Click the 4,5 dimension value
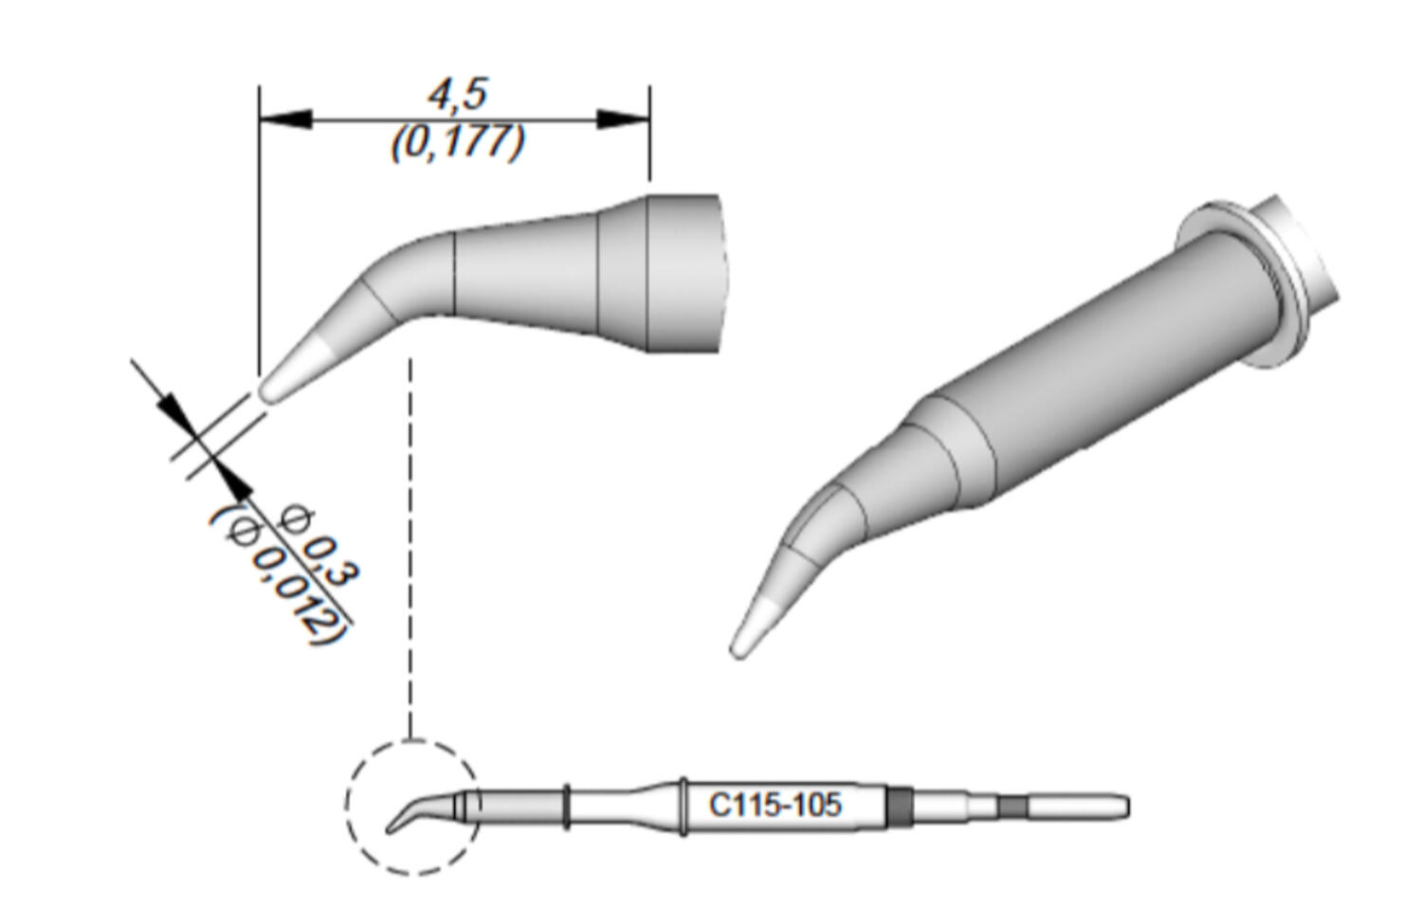[x=457, y=95]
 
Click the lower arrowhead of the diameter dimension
[x=234, y=482]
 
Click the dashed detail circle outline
[x=348, y=806]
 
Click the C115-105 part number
[x=775, y=806]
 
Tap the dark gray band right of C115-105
[x=898, y=807]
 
